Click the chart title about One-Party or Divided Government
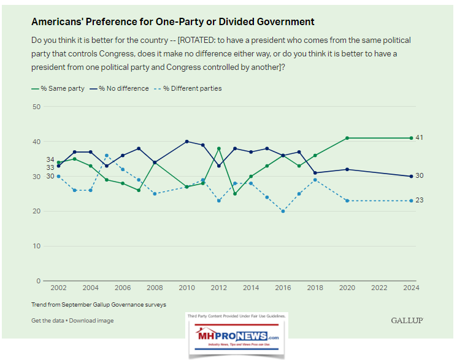click(172, 21)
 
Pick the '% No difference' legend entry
click(121, 88)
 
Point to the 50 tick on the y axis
click(36, 107)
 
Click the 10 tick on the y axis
click(36, 246)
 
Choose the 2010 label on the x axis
click(186, 288)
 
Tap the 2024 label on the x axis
click(411, 288)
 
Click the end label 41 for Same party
click(420, 137)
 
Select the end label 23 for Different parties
click(420, 201)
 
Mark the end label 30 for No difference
click(420, 176)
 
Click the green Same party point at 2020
click(347, 138)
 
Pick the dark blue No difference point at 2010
click(187, 142)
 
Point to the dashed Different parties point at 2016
click(283, 211)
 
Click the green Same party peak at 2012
click(219, 148)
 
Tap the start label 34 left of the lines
click(50, 159)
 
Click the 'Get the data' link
click(48, 320)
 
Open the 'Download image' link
click(91, 320)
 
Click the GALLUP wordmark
click(407, 320)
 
